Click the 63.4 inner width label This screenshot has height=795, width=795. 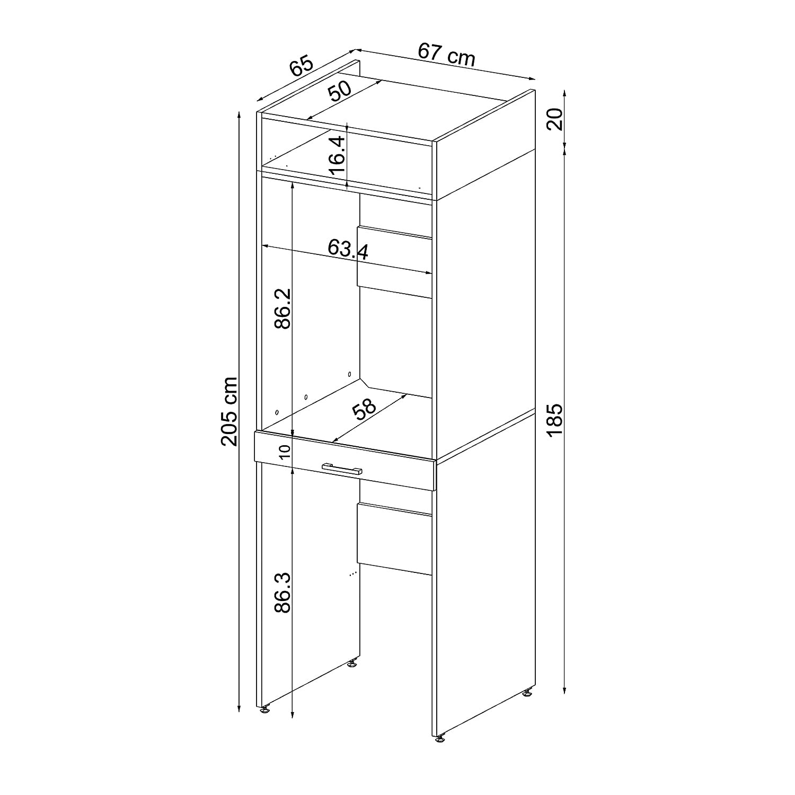click(348, 248)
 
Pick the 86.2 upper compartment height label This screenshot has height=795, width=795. click(284, 308)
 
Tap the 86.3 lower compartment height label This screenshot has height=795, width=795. click(284, 593)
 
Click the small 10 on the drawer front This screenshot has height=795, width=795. click(284, 452)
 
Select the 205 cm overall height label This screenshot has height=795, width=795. click(229, 411)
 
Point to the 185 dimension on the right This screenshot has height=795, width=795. click(554, 420)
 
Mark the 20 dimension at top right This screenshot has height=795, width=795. click(554, 120)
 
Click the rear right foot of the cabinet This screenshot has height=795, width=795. click(528, 692)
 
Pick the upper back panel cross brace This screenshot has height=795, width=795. click(395, 262)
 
